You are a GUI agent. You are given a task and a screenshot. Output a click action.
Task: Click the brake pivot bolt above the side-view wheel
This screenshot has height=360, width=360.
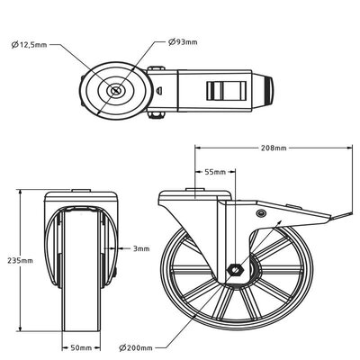pyautogui.click(x=261, y=213)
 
